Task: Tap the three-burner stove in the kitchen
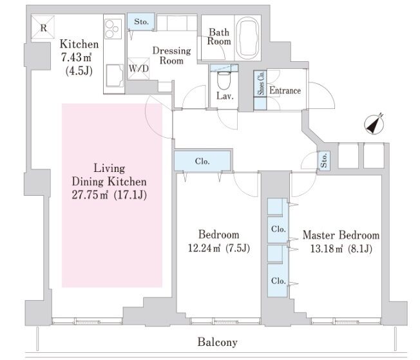click(113, 30)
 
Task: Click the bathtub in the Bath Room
click(248, 32)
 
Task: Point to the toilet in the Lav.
click(224, 81)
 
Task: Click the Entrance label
click(285, 91)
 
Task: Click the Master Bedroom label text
click(341, 235)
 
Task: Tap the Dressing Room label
click(171, 56)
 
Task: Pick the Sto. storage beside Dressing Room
click(141, 23)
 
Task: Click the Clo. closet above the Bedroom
click(201, 161)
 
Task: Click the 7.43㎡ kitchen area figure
click(74, 57)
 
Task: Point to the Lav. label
click(225, 97)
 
